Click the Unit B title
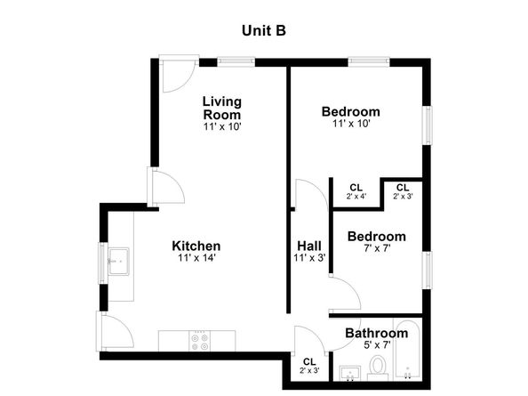coord(263,30)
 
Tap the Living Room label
coord(221,108)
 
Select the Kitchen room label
coord(196,246)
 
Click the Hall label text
coord(309,246)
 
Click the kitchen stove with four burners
coord(198,340)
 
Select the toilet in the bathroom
coord(377,366)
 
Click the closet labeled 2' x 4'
coord(356,190)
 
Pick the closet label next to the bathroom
coord(309,364)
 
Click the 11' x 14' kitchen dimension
coord(196,258)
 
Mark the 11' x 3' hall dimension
coord(309,258)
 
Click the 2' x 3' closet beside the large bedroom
coord(403,190)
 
